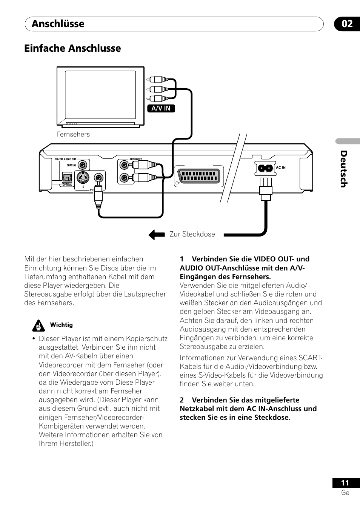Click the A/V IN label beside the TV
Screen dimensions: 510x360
[x=161, y=108]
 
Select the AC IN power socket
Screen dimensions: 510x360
[x=265, y=168]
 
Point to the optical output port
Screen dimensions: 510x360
[x=68, y=177]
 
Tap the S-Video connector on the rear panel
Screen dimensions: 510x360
[x=83, y=178]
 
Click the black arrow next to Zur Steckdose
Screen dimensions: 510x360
[x=157, y=235]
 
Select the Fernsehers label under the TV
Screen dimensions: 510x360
[x=73, y=134]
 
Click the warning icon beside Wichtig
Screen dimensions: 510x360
[x=38, y=325]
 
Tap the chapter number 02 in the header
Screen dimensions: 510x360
[x=347, y=24]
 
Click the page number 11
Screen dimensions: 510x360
[x=345, y=483]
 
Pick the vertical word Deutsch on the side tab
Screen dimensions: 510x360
[x=343, y=169]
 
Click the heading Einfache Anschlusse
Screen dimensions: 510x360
[x=72, y=48]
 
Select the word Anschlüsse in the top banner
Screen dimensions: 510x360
[x=58, y=24]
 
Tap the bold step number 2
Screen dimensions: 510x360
[x=182, y=400]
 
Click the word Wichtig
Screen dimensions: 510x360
[x=61, y=325]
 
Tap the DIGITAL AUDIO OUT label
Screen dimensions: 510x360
[x=65, y=159]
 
